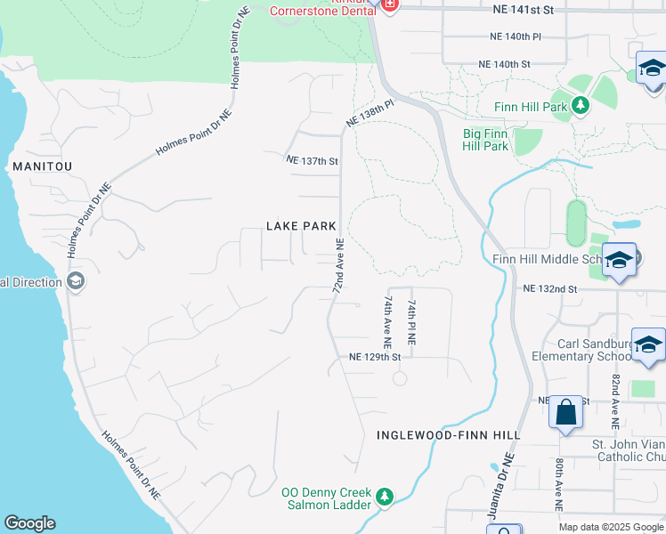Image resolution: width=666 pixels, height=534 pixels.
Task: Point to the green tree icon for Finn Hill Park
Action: pyautogui.click(x=581, y=107)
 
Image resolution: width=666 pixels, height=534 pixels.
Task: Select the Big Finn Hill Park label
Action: pyautogui.click(x=485, y=140)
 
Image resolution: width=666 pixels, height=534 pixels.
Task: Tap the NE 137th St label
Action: pyautogui.click(x=312, y=161)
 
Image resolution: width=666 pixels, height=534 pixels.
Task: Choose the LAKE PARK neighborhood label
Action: pyautogui.click(x=301, y=226)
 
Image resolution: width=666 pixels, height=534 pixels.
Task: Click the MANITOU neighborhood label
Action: pyautogui.click(x=42, y=166)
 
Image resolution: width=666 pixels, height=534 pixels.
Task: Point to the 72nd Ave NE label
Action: pyautogui.click(x=338, y=266)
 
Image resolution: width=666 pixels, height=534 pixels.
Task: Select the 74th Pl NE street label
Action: pyautogui.click(x=410, y=323)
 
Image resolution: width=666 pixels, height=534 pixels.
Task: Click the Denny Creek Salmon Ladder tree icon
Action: pyautogui.click(x=385, y=496)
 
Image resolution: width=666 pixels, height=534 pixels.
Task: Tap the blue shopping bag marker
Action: pyautogui.click(x=565, y=413)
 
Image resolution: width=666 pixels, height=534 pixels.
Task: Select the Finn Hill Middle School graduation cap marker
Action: pyautogui.click(x=619, y=260)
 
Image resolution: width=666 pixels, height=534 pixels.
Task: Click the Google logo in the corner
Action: pyautogui.click(x=29, y=523)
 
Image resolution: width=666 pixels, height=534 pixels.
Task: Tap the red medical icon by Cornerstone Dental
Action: pyautogui.click(x=388, y=4)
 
